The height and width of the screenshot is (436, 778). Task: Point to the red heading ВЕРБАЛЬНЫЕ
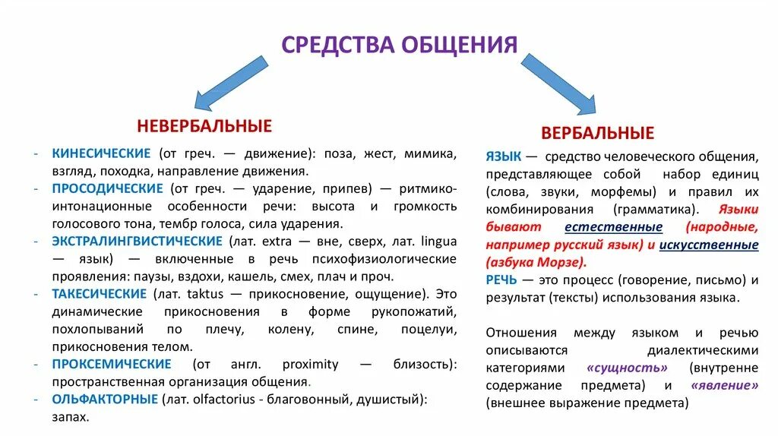(x=597, y=134)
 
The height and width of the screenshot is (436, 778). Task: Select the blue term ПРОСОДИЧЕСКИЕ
(x=107, y=188)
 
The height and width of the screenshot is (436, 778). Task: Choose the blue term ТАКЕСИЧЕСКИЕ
(x=99, y=294)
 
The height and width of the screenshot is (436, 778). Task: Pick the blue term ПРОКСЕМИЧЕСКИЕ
(x=112, y=365)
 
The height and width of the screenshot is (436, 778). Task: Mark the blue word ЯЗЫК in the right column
(x=503, y=156)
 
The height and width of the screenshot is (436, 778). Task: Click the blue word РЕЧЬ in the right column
(x=502, y=280)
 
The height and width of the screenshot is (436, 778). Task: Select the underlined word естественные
(x=613, y=227)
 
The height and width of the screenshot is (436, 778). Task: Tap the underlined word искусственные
(x=708, y=245)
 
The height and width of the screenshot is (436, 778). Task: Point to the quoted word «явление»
(x=723, y=386)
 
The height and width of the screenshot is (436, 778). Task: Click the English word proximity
(x=310, y=365)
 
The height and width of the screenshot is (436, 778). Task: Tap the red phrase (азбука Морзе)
(x=536, y=262)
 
